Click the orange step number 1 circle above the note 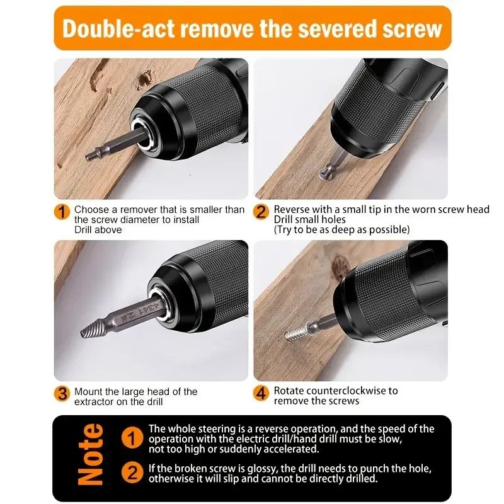pyautogui.click(x=62, y=212)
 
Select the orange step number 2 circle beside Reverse pyautogui.click(x=261, y=212)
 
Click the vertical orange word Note pyautogui.click(x=91, y=455)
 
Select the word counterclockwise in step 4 pyautogui.click(x=336, y=391)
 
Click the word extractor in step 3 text pyautogui.click(x=96, y=401)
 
